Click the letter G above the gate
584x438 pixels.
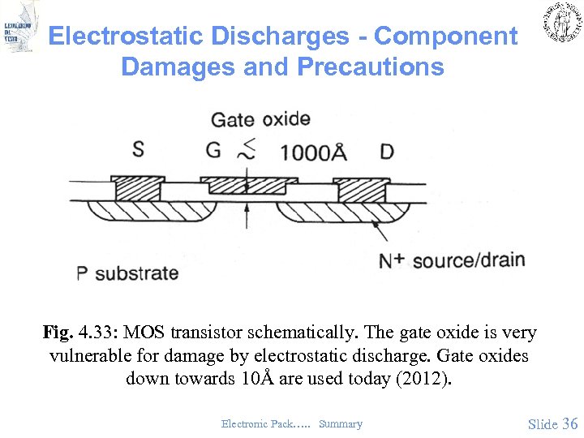(x=213, y=150)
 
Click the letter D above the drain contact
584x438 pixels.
(x=387, y=152)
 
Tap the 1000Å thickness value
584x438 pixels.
(x=313, y=152)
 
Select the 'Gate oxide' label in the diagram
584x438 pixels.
(x=260, y=120)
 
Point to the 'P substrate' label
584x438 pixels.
(x=127, y=273)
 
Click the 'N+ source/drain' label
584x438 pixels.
(x=452, y=261)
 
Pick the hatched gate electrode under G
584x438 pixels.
(x=243, y=186)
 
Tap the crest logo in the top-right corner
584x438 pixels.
(x=560, y=23)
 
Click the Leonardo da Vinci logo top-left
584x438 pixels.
(x=19, y=28)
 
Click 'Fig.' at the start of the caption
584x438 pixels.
(x=58, y=333)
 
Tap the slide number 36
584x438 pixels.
(x=569, y=423)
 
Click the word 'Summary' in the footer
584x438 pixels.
(x=341, y=423)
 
